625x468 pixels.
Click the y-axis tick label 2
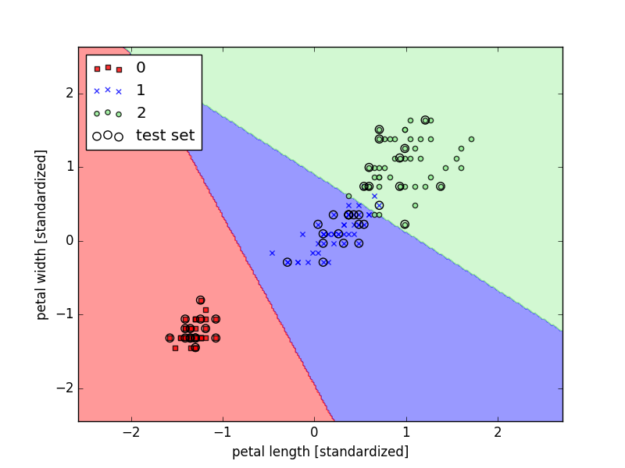[x=69, y=93]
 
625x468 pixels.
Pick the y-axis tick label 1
[x=69, y=167]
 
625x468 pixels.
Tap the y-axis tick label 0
[x=69, y=240]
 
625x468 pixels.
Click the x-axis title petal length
[x=320, y=452]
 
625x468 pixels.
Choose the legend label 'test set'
[x=165, y=135]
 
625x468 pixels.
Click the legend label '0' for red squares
[x=141, y=68]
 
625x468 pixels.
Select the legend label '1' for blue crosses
[x=141, y=90]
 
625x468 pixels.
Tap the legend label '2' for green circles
[x=141, y=113]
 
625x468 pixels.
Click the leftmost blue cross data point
[x=272, y=253]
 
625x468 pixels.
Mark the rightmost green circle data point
[x=471, y=140]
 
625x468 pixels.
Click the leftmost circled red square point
[x=170, y=338]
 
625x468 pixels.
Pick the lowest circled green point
[x=405, y=225]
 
